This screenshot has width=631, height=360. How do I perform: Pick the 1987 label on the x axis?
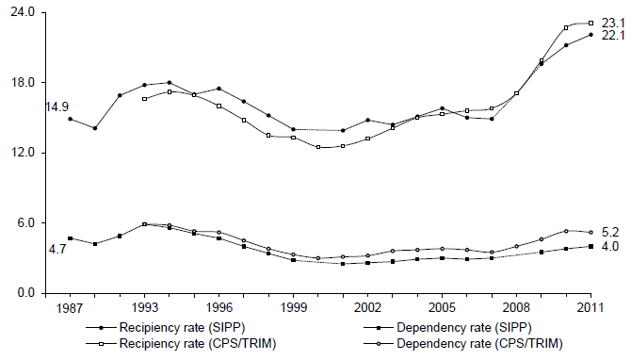pos(70,308)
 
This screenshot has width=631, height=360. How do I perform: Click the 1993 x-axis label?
pos(144,308)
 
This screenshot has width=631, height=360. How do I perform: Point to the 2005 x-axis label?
pos(442,308)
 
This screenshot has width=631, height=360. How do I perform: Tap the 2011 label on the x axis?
pos(591,308)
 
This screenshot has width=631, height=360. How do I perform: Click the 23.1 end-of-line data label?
pos(612,21)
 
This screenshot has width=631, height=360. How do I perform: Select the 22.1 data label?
pos(612,36)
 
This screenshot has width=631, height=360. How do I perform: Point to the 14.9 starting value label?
pos(57,107)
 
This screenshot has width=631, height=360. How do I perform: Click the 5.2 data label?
pos(610,232)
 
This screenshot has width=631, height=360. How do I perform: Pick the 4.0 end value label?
pos(610,247)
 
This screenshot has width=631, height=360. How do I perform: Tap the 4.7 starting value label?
pos(57,250)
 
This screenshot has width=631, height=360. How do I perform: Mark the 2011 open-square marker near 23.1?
pos(591,23)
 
